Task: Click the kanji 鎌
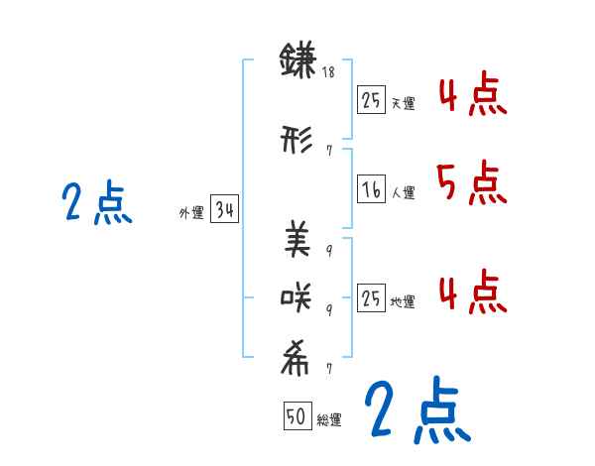[297, 61]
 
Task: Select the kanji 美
[297, 239]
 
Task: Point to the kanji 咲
[297, 296]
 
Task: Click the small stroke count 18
[328, 72]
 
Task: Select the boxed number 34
[224, 210]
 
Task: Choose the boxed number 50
[297, 417]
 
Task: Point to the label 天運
[403, 103]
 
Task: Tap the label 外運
[191, 212]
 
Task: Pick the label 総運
[329, 420]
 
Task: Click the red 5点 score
[471, 182]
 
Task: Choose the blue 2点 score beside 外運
[96, 203]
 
